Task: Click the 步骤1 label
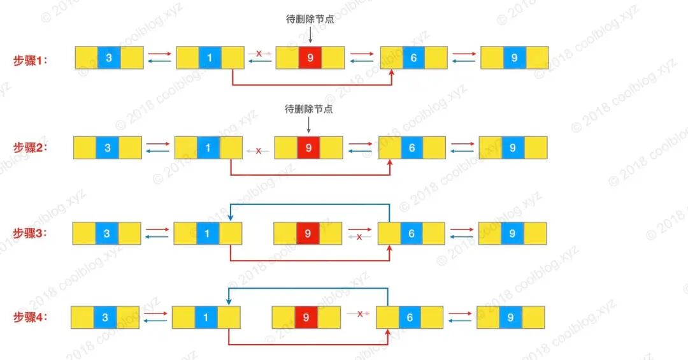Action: tap(31, 60)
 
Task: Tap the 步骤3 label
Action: tap(31, 233)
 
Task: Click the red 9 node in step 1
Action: tap(310, 57)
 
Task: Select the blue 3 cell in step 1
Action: tap(109, 58)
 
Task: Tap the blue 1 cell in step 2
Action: tap(208, 148)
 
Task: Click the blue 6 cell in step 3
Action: tap(411, 234)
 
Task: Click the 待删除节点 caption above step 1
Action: tap(310, 19)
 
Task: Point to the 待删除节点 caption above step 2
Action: tap(309, 109)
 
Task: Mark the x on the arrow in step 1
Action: tap(259, 54)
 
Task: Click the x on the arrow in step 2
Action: tap(258, 151)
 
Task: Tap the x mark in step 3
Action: tap(359, 237)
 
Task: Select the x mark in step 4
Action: tap(359, 313)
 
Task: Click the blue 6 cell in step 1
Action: tap(413, 58)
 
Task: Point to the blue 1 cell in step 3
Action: tap(207, 234)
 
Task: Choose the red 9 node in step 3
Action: tap(308, 234)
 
